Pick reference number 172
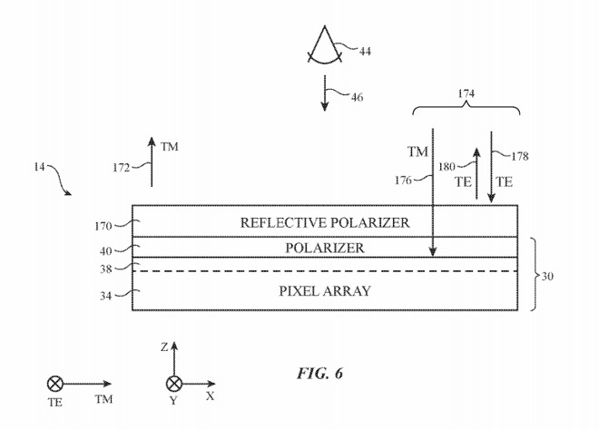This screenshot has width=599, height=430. [119, 166]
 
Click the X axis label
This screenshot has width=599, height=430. [211, 396]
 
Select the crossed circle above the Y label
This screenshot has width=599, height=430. [173, 385]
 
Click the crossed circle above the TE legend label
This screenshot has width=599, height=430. [54, 385]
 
